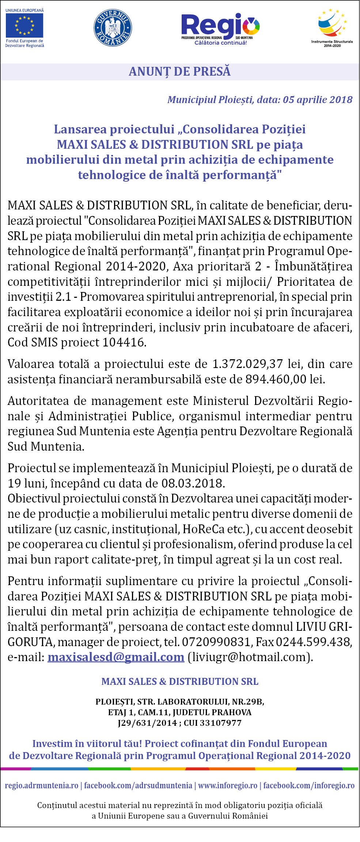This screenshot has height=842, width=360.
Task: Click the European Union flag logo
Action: click(x=24, y=25)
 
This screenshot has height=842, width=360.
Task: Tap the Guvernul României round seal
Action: click(x=113, y=28)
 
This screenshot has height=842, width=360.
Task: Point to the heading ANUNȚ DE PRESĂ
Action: click(x=179, y=71)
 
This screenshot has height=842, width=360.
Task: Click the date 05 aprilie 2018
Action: click(x=318, y=100)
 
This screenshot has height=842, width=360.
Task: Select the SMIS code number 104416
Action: click(x=123, y=342)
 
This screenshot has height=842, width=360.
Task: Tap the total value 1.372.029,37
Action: click(x=247, y=364)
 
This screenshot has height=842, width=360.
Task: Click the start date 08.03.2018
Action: click(x=192, y=483)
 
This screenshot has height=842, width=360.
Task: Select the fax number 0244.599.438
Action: click(x=313, y=642)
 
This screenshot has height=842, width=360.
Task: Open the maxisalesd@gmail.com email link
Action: click(x=115, y=657)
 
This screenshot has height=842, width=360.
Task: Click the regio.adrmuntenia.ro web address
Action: click(x=41, y=785)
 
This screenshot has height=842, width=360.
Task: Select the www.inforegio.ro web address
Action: click(x=227, y=785)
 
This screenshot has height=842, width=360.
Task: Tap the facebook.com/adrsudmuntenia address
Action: click(x=138, y=785)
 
